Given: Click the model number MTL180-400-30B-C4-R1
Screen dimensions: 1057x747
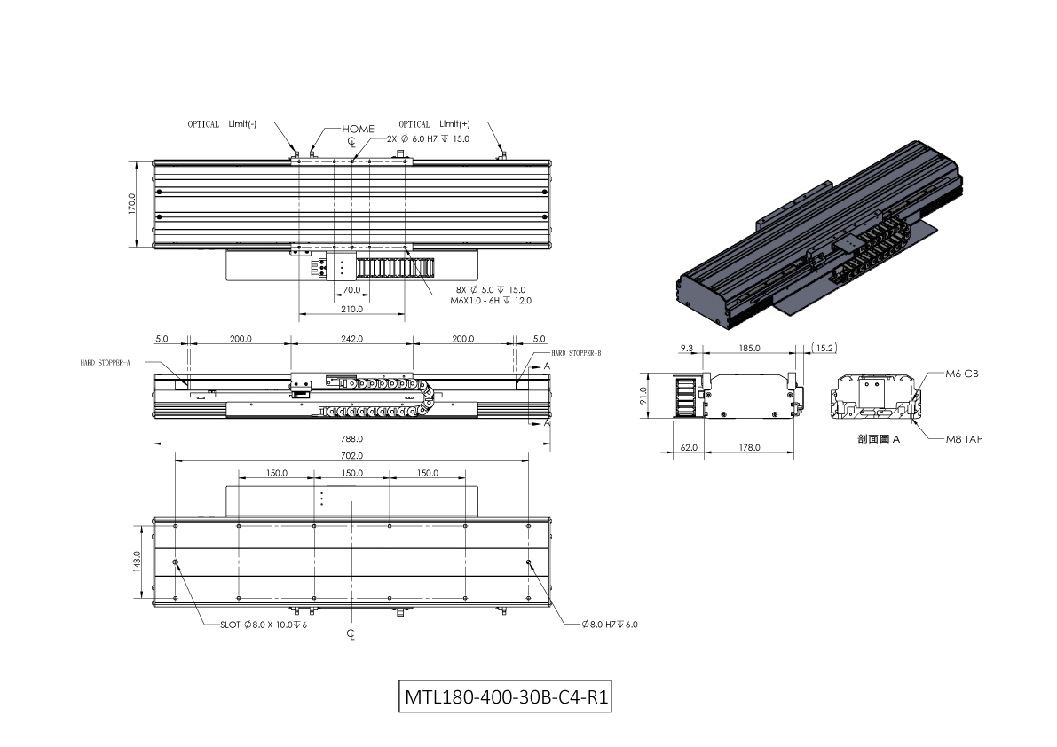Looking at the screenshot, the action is (506, 696).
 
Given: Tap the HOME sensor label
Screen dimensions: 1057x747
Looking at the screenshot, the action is (358, 129).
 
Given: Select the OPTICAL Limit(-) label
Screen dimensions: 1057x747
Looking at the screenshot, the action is (222, 124).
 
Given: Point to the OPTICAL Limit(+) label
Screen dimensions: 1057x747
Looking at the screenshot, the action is (434, 124).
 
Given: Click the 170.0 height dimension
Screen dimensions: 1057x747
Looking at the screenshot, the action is (132, 204).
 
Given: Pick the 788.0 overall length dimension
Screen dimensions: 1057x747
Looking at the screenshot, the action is (351, 438).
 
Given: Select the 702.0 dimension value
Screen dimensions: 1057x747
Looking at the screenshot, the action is (351, 456).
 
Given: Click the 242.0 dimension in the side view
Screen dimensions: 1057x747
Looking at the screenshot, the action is (351, 339).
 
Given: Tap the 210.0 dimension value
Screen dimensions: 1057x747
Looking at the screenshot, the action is (351, 309).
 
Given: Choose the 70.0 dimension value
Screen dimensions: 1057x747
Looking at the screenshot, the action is (351, 289).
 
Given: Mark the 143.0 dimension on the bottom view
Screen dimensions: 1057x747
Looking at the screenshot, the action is (137, 561).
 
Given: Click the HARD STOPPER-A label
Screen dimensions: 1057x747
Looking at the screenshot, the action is (105, 363).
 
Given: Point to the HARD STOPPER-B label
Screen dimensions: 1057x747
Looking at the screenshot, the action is (576, 353).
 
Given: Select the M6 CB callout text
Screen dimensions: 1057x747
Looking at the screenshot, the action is (962, 373).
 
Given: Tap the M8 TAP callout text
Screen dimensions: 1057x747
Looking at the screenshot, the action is (964, 439).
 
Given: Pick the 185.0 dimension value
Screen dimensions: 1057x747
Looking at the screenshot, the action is (750, 349).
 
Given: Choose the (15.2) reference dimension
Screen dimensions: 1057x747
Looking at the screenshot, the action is (824, 349).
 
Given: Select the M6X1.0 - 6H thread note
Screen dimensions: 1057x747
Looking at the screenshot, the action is (491, 301).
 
